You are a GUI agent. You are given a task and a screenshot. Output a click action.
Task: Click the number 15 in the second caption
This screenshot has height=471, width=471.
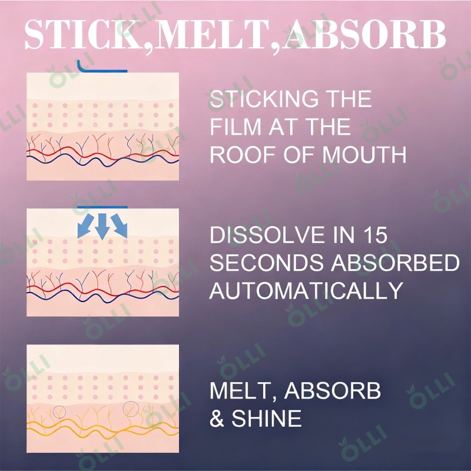[x=373, y=235]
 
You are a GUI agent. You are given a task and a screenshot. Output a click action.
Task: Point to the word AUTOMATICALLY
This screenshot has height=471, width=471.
[x=306, y=291]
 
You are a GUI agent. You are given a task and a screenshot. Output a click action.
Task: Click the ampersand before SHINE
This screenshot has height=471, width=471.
[x=217, y=419]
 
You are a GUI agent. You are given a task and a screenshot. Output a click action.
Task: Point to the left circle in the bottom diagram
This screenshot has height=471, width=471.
[x=59, y=412]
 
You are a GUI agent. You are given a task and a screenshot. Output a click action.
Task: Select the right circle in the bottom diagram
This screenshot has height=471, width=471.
[x=130, y=407]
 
